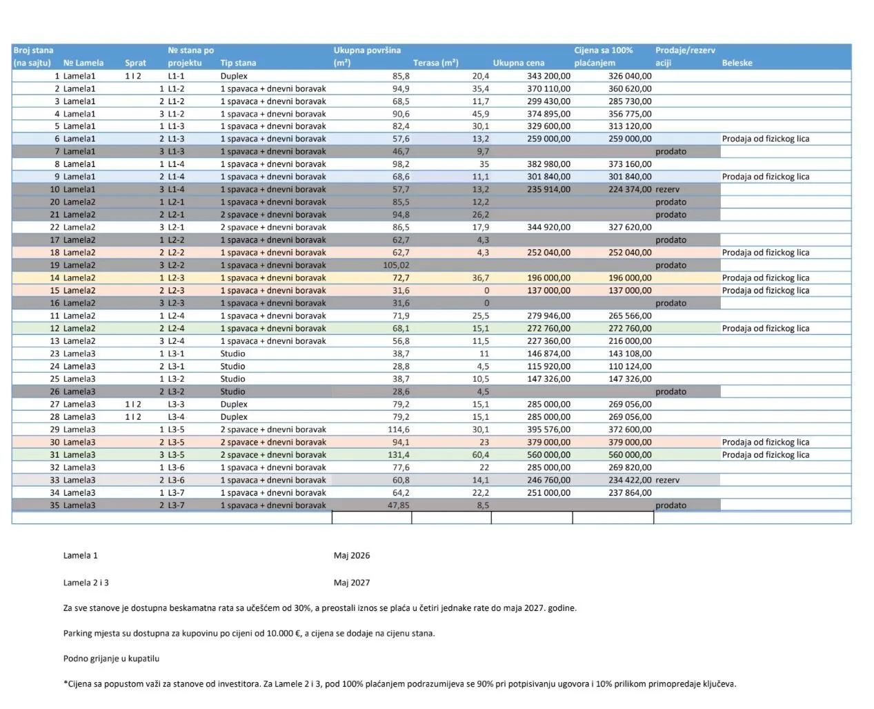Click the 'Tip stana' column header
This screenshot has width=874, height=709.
pos(238,63)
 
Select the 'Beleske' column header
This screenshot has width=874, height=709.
pos(737,63)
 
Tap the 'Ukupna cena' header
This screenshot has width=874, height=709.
pos(519,63)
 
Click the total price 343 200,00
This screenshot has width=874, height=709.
pos(548,76)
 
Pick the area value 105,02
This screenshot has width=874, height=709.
pos(397,265)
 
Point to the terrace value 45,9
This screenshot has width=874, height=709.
pos(481,114)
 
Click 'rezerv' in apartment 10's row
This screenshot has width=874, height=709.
pos(667,189)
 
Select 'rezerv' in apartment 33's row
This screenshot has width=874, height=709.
pos(667,480)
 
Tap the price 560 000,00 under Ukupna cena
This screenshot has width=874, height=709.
pos(548,454)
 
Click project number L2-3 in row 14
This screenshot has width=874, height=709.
pos(176,278)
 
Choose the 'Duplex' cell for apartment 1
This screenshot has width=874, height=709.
pos(234,76)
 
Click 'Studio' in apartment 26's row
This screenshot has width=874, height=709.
pos(232,391)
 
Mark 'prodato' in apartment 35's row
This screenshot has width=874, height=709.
pos(671,505)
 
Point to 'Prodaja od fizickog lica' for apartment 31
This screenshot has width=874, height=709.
pos(766,454)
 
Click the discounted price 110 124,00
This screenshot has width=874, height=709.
pos(630,366)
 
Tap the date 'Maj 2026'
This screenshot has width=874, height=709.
pos(352,556)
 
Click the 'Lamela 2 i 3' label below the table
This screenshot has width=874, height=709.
pos(86,583)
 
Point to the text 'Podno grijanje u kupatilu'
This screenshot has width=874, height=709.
pos(111,659)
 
